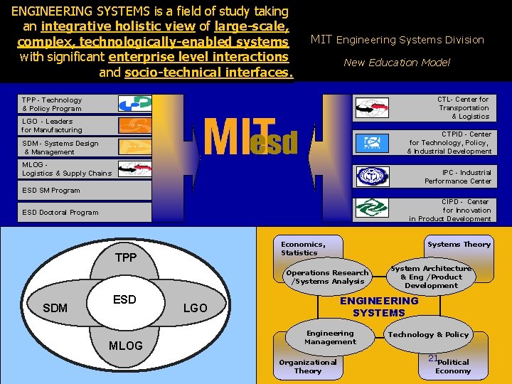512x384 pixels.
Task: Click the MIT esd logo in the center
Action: pos(250,136)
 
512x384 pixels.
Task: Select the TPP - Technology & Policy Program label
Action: pos(52,105)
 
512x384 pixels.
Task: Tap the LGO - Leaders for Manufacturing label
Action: pos(52,126)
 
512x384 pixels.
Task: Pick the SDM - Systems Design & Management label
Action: pos(60,148)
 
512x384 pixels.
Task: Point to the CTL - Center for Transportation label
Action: pos(463,108)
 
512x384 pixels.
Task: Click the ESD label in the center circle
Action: pos(124,299)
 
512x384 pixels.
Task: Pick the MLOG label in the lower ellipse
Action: pos(125,346)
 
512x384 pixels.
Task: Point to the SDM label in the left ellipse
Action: pos(55,308)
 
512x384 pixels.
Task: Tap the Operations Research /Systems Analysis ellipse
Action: pos(328,277)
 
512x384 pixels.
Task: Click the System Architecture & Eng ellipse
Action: pos(431,277)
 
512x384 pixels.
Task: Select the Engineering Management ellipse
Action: pos(330,338)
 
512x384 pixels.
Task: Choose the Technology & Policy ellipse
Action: pos(428,335)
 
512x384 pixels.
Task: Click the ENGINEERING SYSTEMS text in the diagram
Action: pos(379,306)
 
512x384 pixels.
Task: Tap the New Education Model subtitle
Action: pos(397,63)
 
